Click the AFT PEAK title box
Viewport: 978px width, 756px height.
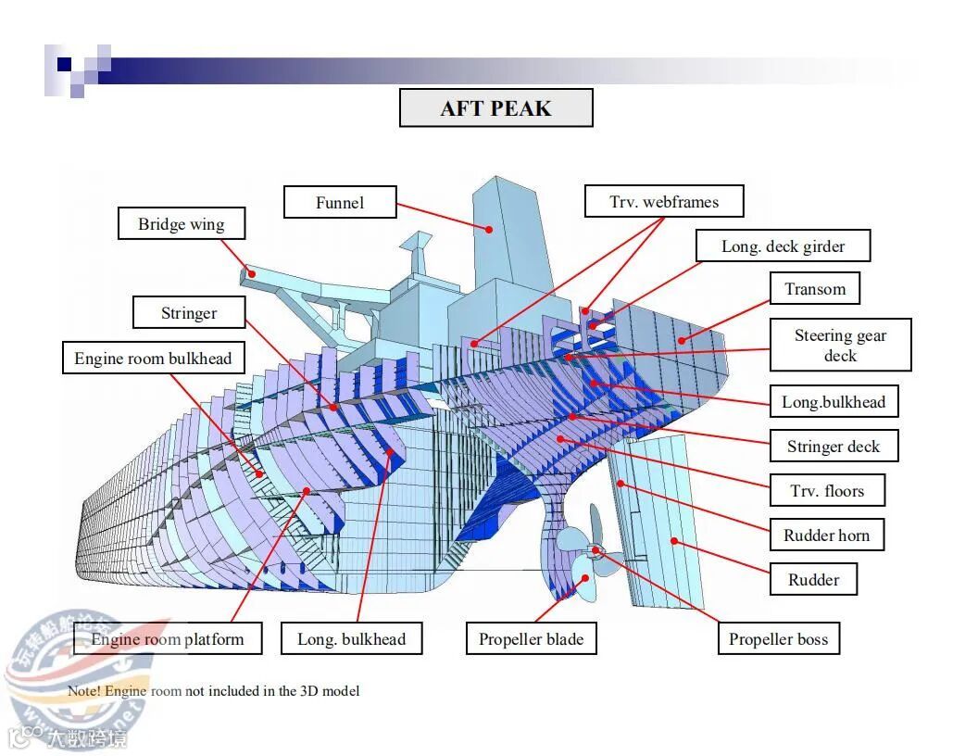(495, 108)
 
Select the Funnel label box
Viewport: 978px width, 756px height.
(340, 203)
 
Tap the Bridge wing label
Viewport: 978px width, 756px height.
(181, 224)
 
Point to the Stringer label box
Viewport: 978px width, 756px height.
(189, 313)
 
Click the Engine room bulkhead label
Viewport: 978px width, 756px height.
(153, 359)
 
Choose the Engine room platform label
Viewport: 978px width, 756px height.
(167, 639)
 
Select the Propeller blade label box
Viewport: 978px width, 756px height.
(531, 639)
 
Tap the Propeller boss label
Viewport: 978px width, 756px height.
(778, 639)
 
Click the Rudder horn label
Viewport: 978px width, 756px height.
(826, 535)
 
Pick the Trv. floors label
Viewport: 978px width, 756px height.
(827, 491)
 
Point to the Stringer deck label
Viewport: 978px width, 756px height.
(834, 447)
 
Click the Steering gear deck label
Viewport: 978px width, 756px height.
(840, 346)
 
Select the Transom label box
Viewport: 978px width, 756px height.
(815, 289)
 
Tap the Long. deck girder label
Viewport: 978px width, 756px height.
(783, 246)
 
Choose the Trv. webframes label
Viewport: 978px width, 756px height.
(663, 202)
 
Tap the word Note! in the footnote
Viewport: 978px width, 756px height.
(84, 691)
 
